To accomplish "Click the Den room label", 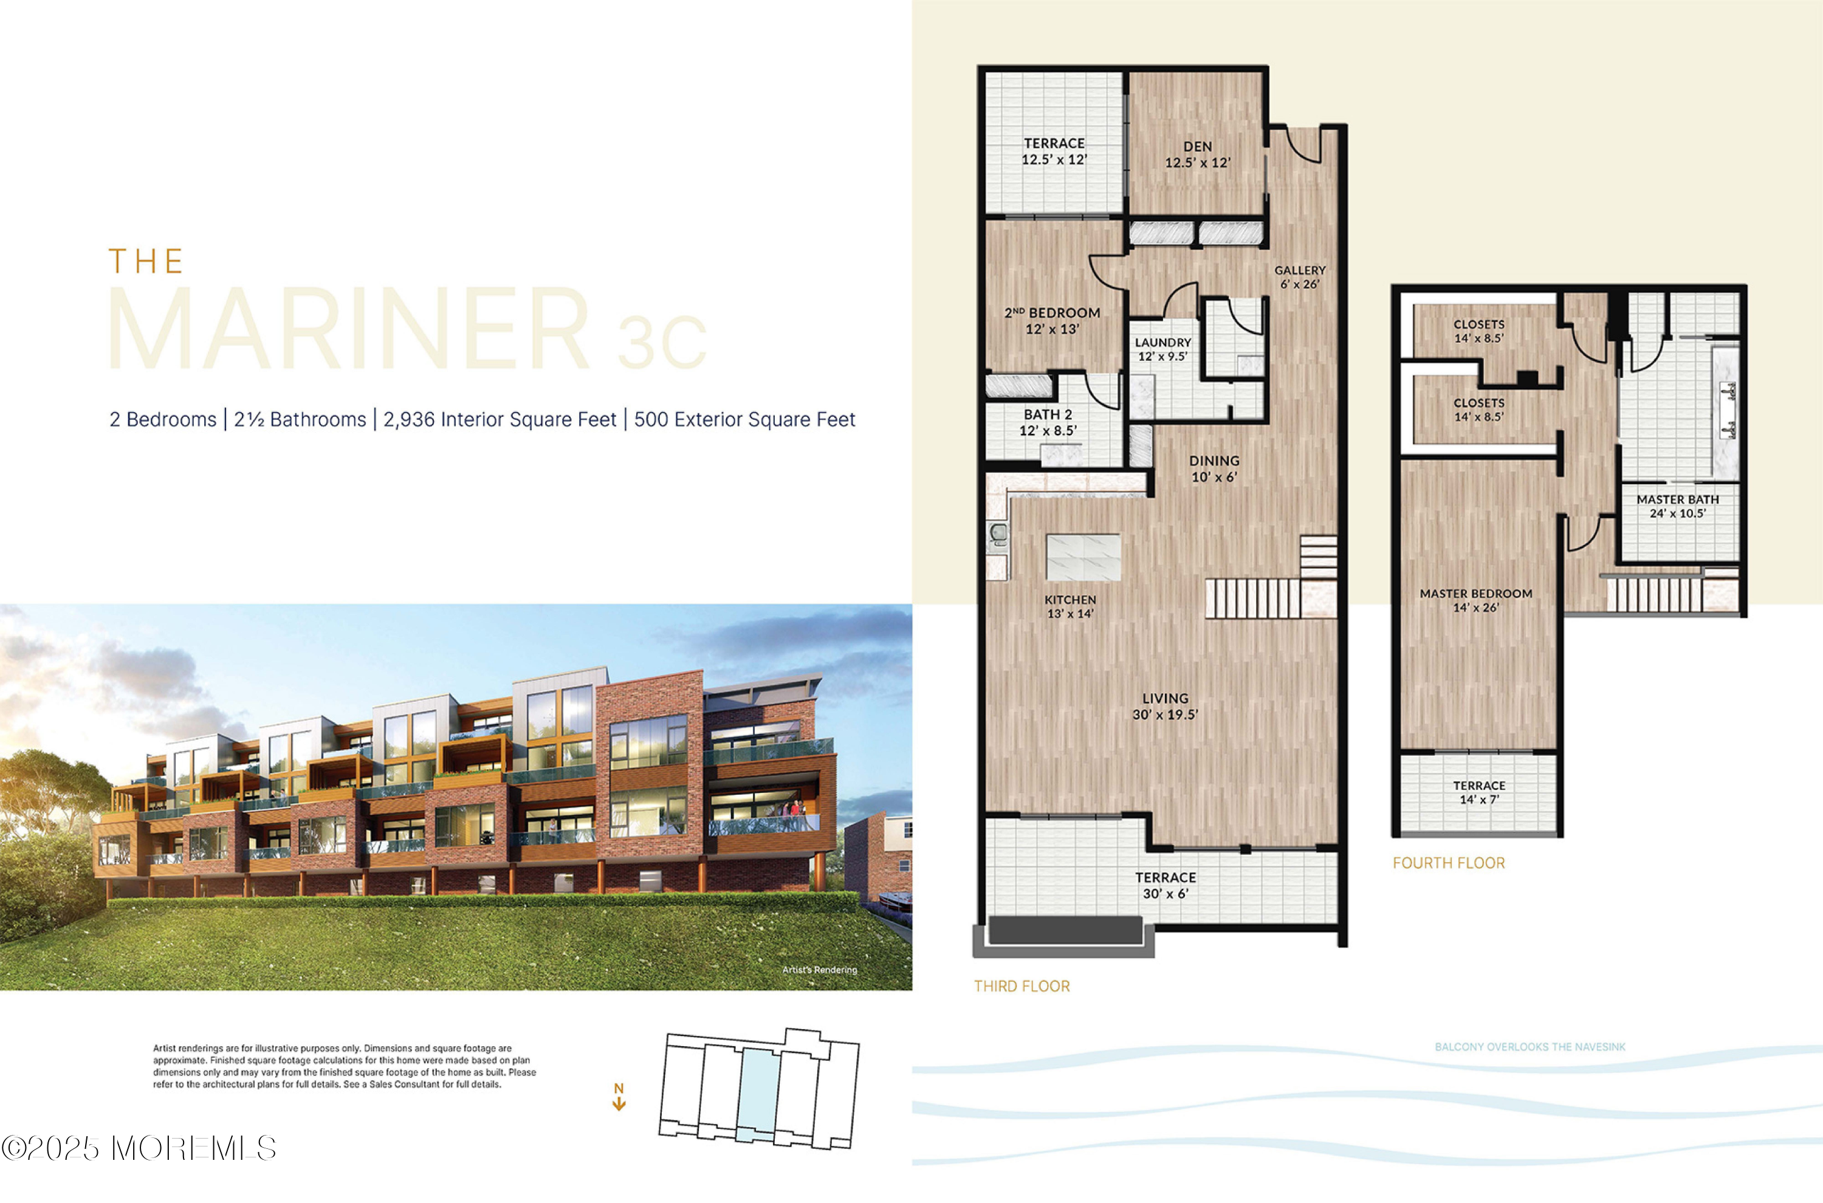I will coord(1197,146).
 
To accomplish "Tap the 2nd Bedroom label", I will coord(1052,313).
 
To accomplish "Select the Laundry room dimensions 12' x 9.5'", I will coord(1162,357).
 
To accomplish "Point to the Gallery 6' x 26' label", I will coord(1299,277).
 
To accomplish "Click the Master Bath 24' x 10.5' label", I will coord(1677,506).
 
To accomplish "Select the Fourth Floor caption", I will coord(1449,863).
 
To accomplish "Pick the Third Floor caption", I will coord(1021,987).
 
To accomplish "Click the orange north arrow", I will coord(619,1098).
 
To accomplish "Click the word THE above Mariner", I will coord(146,262).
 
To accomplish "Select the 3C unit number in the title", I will coord(661,342).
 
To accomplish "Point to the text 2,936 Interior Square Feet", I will coord(500,420).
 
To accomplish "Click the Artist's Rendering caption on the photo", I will coord(819,970).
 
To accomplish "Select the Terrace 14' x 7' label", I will coord(1478,792).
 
